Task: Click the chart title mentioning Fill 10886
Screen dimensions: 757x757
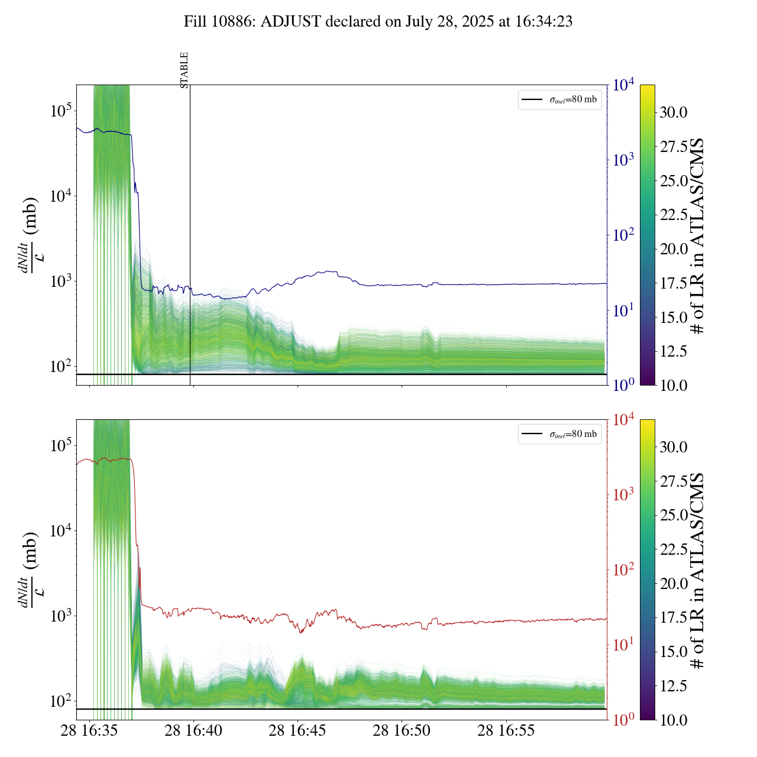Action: (378, 22)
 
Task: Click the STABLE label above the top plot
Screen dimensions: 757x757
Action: (184, 70)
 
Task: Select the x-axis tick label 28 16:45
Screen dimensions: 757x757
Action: (297, 731)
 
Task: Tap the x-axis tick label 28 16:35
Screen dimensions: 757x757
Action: (89, 731)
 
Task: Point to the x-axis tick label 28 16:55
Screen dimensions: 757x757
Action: (506, 731)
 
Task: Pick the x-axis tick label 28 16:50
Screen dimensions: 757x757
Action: (402, 731)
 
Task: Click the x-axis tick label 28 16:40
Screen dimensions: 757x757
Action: (193, 731)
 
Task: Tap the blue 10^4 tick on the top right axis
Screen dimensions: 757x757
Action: (625, 85)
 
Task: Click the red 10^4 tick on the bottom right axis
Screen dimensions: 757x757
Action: (625, 420)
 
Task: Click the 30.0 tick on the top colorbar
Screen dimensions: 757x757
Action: (674, 112)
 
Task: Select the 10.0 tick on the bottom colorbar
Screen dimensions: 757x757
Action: (674, 720)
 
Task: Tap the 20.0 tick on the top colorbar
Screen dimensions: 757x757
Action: (674, 249)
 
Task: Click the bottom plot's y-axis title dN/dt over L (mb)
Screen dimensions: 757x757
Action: (30, 570)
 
